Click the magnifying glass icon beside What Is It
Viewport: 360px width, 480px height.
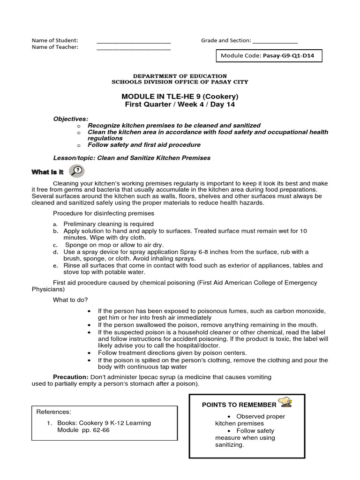[76, 172]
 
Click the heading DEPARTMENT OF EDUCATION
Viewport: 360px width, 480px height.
[180, 76]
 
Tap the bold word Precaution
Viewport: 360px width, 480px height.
[70, 377]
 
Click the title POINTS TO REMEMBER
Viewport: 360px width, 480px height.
[239, 405]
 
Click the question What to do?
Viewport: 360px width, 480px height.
[70, 300]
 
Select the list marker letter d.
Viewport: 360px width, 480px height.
[55, 252]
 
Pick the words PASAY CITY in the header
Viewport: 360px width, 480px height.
[229, 82]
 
